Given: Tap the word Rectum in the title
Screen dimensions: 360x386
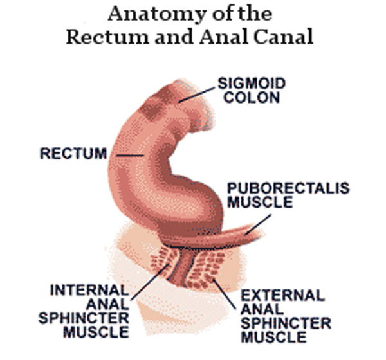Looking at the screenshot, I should tap(103, 36).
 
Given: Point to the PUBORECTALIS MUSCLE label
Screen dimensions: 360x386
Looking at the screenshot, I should tap(288, 195).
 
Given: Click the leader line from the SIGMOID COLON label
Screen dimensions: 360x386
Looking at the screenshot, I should tap(197, 94).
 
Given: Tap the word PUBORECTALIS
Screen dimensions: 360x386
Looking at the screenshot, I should tap(288, 188).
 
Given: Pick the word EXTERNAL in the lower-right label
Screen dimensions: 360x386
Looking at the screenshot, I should tap(283, 295).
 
